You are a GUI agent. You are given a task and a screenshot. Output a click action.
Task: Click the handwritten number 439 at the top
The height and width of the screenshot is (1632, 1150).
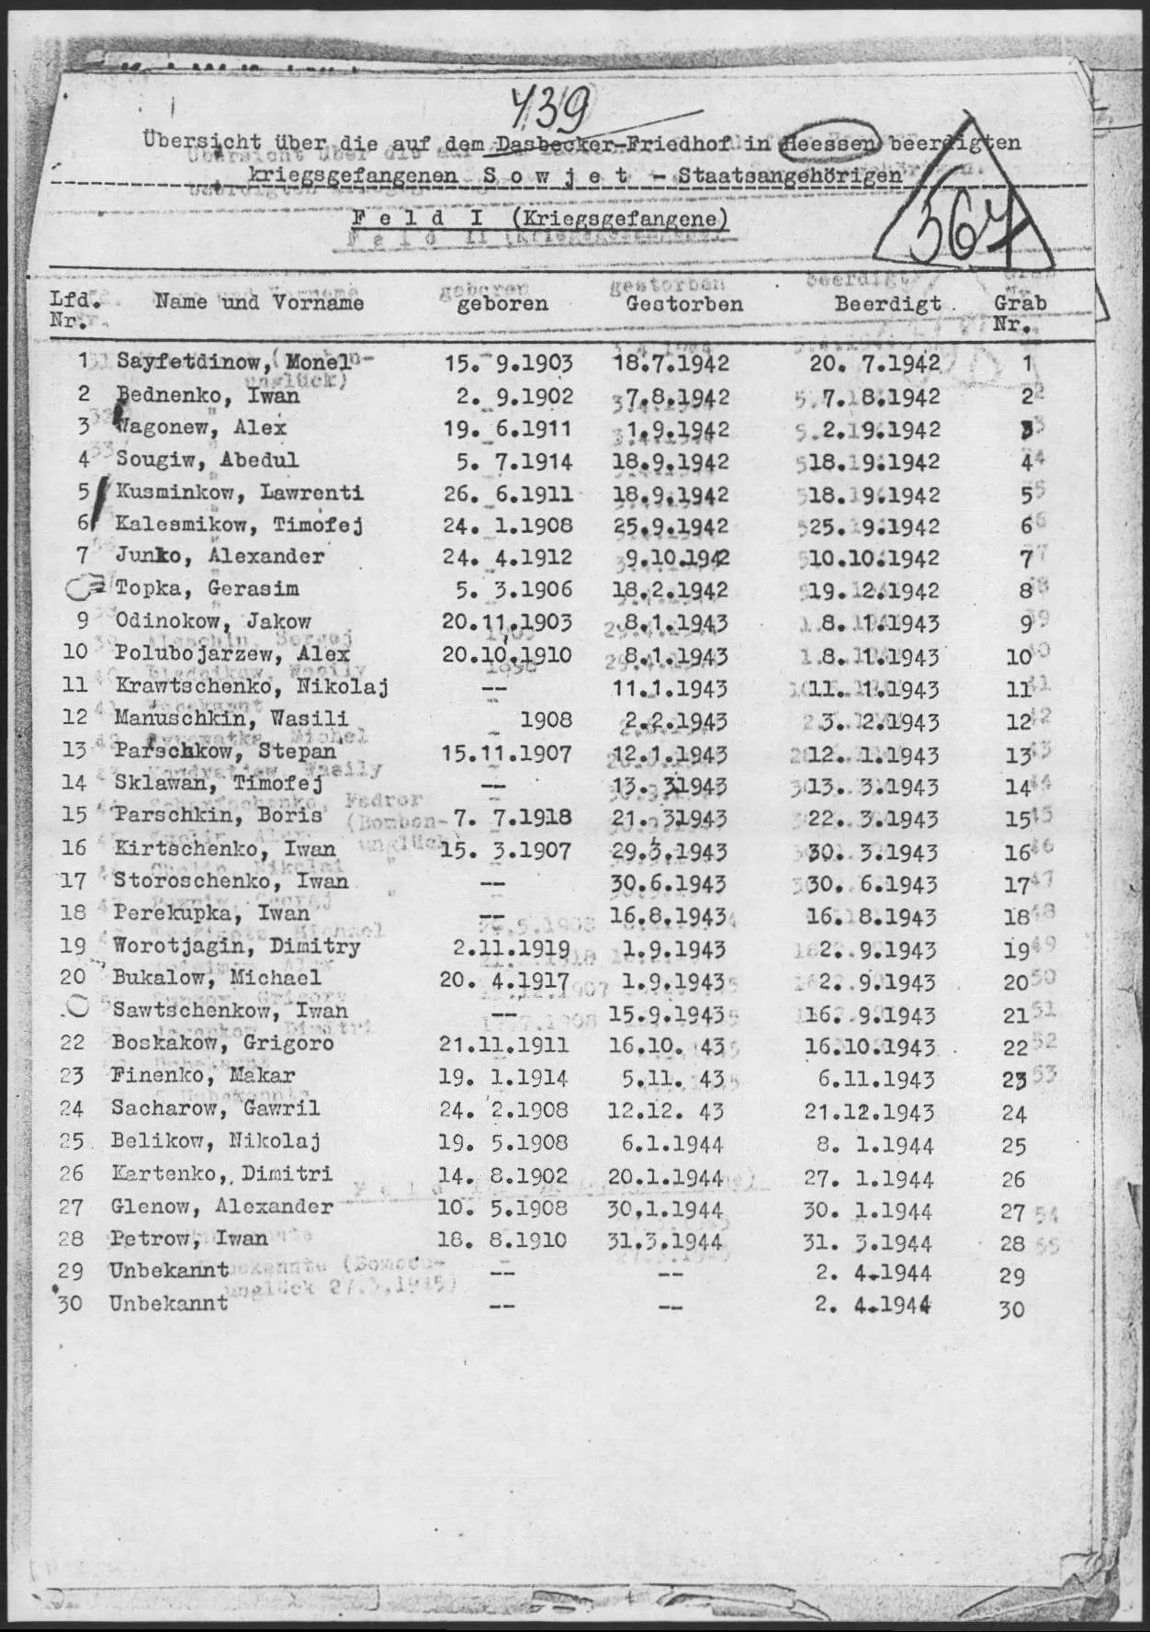click(x=550, y=111)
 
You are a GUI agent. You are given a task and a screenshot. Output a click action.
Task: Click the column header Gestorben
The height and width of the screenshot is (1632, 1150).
click(x=684, y=304)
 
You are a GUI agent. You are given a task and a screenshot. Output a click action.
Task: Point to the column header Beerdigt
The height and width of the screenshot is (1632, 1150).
click(x=887, y=303)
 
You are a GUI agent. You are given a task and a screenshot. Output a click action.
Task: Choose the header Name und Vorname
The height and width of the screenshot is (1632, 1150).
click(x=259, y=301)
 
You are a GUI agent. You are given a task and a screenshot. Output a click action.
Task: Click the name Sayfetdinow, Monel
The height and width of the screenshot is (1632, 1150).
click(x=233, y=361)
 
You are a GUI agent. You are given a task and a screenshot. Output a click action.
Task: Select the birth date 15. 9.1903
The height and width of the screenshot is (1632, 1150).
click(x=508, y=363)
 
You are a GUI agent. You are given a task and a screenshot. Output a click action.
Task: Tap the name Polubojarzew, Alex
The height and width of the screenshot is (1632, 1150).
click(x=232, y=654)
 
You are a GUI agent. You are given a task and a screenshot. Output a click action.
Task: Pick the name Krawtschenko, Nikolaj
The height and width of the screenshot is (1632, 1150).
click(x=252, y=686)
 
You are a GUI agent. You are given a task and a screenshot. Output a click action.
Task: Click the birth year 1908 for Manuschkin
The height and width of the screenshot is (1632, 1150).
click(x=546, y=720)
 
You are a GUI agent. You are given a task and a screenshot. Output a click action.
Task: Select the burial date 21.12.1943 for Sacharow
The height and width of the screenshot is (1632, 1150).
click(x=869, y=1111)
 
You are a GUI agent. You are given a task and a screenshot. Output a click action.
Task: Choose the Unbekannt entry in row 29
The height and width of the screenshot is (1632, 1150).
click(x=169, y=1271)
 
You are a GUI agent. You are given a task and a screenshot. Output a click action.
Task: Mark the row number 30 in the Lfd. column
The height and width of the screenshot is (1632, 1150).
click(x=71, y=1304)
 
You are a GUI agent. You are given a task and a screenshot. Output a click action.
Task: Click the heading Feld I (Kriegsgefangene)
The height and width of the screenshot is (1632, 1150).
click(x=540, y=219)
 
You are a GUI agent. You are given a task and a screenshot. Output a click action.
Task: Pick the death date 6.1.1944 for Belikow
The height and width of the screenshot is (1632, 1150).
click(x=671, y=1144)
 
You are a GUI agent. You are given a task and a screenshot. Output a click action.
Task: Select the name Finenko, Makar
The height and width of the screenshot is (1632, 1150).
click(x=203, y=1075)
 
